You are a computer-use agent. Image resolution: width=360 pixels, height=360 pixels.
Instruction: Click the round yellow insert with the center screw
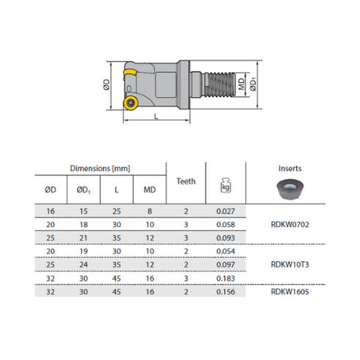click(x=131, y=104)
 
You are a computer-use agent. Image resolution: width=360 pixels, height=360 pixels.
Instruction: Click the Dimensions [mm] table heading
click(x=100, y=169)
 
